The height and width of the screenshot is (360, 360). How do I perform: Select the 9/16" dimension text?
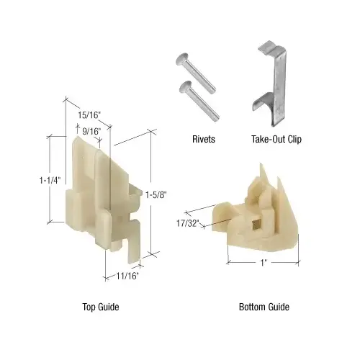pyautogui.click(x=89, y=130)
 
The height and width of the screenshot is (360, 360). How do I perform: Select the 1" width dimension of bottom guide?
pyautogui.click(x=264, y=264)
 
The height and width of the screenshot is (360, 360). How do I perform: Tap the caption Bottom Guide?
pyautogui.click(x=264, y=307)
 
